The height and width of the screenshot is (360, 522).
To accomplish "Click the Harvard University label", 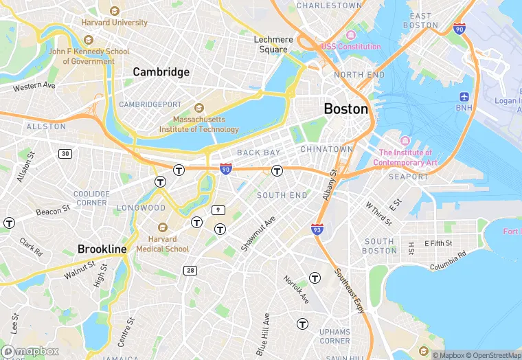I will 114,22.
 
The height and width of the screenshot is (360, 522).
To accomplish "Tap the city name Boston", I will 345,109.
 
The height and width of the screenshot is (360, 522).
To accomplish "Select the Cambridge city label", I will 161,72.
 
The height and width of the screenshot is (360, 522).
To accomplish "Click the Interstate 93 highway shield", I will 317,228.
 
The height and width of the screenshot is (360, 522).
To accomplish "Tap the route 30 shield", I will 65,153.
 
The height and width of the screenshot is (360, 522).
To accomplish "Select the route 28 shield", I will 190,271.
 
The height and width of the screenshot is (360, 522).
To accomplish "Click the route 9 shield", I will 218,210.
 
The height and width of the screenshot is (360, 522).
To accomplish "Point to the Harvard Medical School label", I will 163,244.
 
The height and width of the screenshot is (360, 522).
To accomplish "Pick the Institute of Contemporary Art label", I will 405,157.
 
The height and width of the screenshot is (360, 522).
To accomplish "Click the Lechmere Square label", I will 273,44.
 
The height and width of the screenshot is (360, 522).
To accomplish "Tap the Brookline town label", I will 102,249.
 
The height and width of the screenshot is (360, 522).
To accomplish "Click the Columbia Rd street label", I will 448,260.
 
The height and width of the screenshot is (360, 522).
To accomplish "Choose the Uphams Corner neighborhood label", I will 334,336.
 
